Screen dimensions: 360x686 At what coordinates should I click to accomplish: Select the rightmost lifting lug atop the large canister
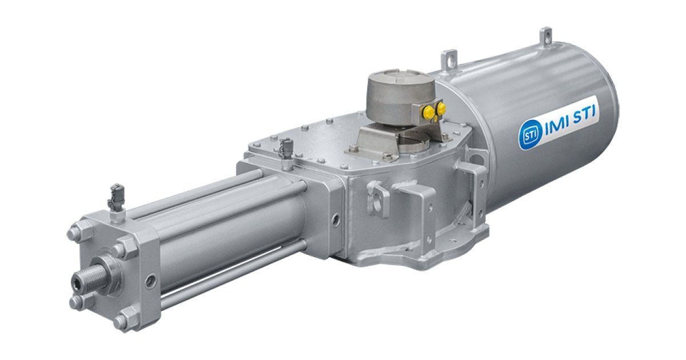pyautogui.click(x=547, y=36)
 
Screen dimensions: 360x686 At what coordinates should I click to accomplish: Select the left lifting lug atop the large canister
pyautogui.click(x=449, y=59)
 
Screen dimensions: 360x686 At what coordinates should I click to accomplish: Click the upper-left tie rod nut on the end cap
pyautogui.click(x=74, y=233)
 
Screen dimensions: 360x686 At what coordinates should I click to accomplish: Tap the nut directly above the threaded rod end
pyautogui.click(x=121, y=250)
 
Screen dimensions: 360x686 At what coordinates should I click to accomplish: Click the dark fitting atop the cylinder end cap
pyautogui.click(x=116, y=197)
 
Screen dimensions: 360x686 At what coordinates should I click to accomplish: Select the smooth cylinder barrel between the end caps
pyautogui.click(x=229, y=229)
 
